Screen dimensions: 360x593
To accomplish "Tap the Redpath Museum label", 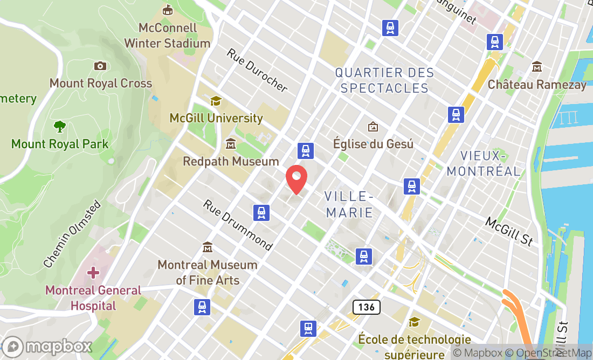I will [231, 161].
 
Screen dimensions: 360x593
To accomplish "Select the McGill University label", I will [216, 117].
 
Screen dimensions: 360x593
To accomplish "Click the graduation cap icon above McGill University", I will [216, 101].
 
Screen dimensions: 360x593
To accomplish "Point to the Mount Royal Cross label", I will [101, 83].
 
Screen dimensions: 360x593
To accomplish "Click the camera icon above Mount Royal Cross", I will [100, 66].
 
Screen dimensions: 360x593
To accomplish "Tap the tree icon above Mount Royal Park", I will [60, 127].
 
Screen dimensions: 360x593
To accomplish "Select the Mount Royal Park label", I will [60, 144].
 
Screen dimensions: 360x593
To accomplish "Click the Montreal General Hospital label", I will [93, 298].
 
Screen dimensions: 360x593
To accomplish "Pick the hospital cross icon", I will [93, 272].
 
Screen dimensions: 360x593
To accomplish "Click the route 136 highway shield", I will [367, 307].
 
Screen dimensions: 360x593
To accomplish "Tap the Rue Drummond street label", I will [238, 225].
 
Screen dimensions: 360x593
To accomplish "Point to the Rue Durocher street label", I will [257, 70].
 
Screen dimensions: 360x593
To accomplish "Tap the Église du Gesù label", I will [373, 144].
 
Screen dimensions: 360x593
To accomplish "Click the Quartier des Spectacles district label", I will [384, 80].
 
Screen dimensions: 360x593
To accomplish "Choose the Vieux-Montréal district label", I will [484, 163].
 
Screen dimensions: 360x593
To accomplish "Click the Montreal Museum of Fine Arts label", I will [208, 272].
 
